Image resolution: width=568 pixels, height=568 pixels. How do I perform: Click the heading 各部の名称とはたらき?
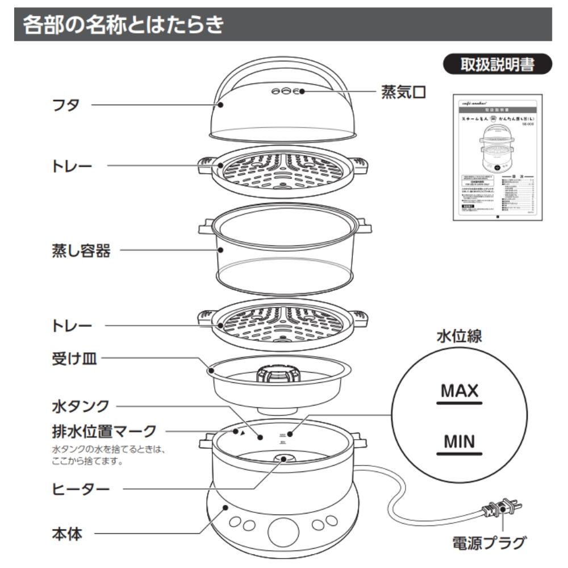pyautogui.click(x=122, y=26)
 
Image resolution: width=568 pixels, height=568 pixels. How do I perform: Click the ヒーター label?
pyautogui.click(x=78, y=488)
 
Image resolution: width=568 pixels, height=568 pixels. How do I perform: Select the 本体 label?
pyautogui.click(x=66, y=533)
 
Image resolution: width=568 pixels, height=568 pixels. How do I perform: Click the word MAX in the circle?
pyautogui.click(x=460, y=391)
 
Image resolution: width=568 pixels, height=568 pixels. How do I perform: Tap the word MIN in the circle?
pyautogui.click(x=460, y=441)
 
